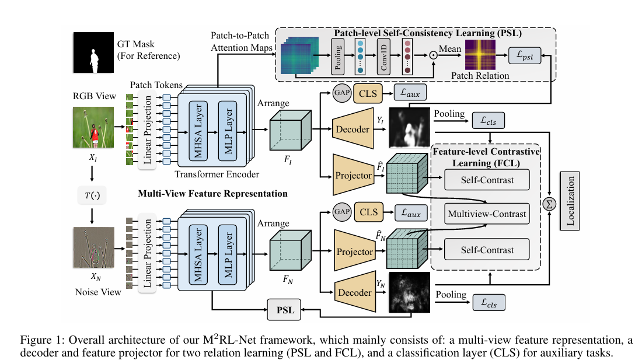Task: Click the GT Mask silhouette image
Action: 93,53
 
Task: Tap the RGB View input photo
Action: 93,125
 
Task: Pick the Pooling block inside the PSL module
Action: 337,57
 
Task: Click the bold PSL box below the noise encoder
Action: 285,310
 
